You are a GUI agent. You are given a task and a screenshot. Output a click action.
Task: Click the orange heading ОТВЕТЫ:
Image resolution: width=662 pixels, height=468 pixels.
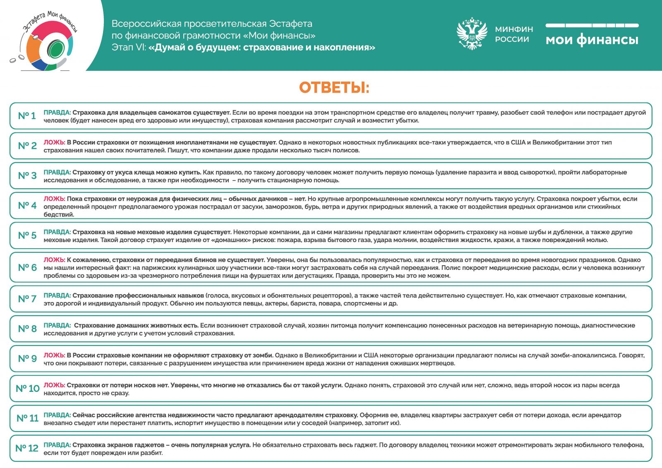[x=334, y=88]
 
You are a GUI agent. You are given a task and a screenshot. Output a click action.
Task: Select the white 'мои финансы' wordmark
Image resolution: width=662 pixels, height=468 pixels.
[x=592, y=40]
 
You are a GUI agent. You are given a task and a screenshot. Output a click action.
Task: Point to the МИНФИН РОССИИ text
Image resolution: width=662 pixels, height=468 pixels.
[x=514, y=34]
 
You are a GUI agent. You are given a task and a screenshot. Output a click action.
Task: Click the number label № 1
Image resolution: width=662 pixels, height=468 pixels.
[x=27, y=116]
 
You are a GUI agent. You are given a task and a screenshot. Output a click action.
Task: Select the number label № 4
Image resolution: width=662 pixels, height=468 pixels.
[x=27, y=206]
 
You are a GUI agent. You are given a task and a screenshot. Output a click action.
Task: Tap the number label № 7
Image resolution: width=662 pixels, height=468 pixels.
[x=27, y=299]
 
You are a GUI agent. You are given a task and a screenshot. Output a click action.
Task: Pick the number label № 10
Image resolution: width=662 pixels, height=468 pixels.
[x=27, y=389]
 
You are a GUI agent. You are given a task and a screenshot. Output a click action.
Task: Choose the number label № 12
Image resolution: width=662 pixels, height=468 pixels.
[x=27, y=448]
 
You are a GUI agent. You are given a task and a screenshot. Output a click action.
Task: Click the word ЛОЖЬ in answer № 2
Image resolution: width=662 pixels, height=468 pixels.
[x=54, y=142]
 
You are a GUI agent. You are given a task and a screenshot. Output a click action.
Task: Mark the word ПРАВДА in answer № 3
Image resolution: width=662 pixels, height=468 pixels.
[x=57, y=172]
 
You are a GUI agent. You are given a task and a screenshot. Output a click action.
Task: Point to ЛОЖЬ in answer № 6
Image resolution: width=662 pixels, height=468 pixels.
[x=54, y=260]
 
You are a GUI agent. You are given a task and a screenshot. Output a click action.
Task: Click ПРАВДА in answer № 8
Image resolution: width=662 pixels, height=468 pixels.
[x=57, y=326]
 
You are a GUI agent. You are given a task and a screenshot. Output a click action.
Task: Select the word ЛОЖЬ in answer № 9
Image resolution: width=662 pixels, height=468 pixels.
[x=54, y=355]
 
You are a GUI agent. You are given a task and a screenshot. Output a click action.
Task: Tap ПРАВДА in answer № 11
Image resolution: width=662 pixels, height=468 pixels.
[x=57, y=415]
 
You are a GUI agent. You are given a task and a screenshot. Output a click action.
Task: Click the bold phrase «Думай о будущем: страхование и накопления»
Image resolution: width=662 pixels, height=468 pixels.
[x=261, y=47]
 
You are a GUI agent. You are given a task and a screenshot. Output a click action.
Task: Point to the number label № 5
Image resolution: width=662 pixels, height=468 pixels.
[x=27, y=235]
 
